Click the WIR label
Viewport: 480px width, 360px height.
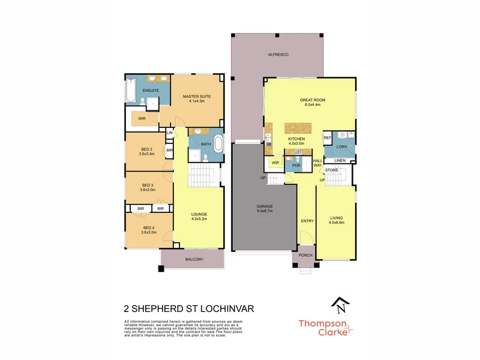(142, 119)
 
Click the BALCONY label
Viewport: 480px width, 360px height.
(194, 259)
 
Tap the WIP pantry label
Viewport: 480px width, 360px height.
(275, 163)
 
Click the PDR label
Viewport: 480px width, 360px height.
(296, 165)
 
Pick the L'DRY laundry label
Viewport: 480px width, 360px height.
(342, 147)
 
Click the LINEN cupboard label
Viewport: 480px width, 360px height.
(340, 161)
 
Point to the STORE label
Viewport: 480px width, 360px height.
(332, 170)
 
